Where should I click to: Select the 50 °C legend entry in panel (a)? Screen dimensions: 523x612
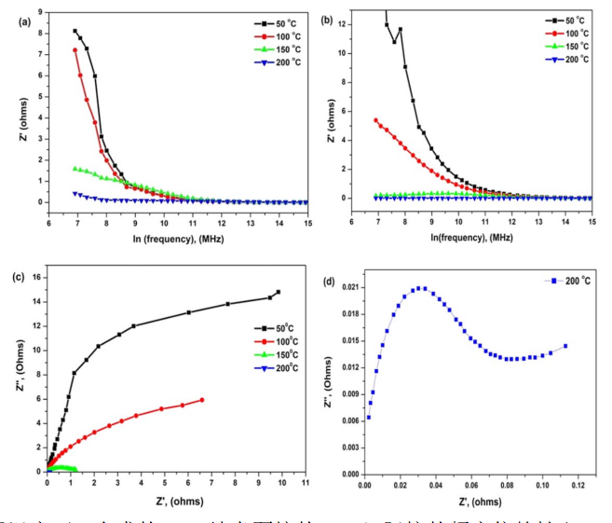click(264, 21)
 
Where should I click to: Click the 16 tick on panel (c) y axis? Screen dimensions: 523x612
click(35, 277)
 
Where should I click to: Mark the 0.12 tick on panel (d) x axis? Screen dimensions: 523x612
click(577, 485)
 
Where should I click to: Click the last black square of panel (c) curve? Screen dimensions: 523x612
click(278, 292)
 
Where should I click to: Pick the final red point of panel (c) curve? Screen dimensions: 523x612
click(202, 400)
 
